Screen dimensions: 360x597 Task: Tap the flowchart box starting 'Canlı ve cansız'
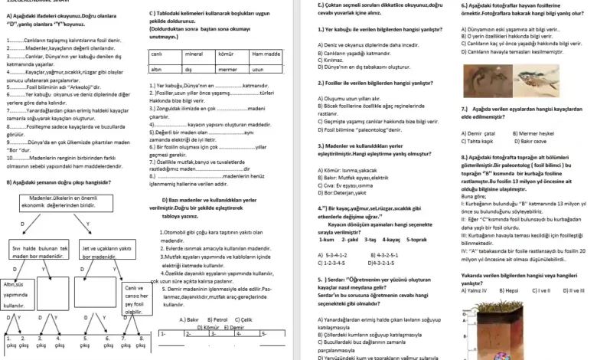[x=135, y=299]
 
